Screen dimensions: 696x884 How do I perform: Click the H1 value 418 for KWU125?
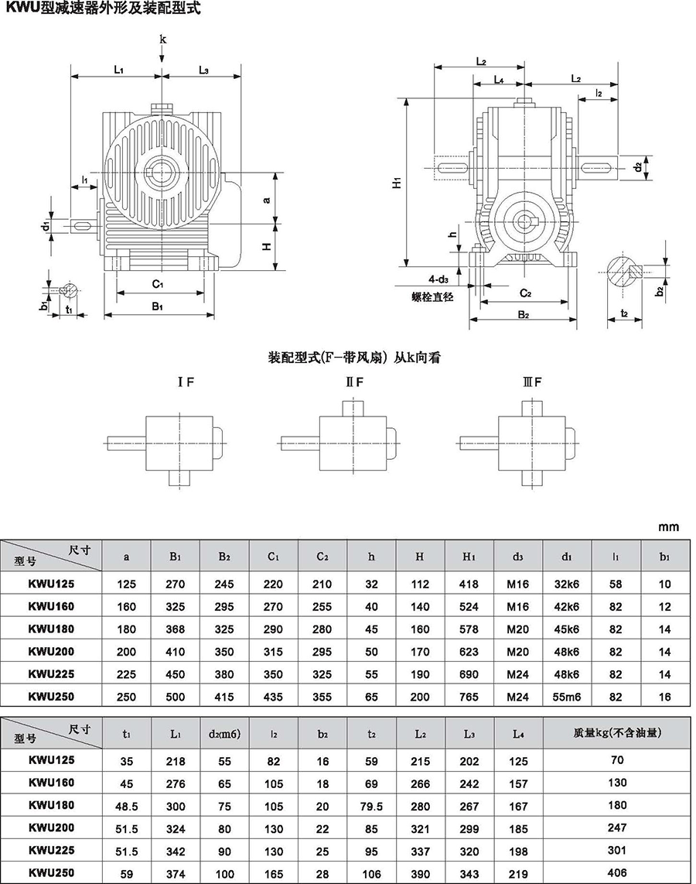coord(469,584)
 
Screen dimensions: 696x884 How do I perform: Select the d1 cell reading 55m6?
coord(567,697)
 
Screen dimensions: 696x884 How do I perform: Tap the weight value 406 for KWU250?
coord(617,872)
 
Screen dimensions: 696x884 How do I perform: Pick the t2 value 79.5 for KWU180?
coord(371,806)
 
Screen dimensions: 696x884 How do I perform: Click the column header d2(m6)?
coord(224,734)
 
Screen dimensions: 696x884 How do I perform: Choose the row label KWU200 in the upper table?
coord(51,651)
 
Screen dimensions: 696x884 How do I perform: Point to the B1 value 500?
coord(175,697)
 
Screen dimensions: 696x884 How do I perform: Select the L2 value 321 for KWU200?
coord(420,829)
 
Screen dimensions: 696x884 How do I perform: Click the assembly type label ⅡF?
coord(354,382)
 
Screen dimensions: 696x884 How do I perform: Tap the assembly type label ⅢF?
coord(532,382)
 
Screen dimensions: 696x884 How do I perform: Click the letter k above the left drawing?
coord(162,39)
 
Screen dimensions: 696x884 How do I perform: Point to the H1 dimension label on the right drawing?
coord(397,182)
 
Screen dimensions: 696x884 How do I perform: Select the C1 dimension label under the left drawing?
coord(158,283)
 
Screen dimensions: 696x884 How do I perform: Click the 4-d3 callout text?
coord(438,279)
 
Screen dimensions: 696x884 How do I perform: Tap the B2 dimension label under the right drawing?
coord(523,314)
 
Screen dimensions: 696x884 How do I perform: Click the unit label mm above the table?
coord(668,528)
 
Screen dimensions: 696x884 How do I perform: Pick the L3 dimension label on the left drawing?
coord(203,70)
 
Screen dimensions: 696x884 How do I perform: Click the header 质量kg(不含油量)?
coord(617,733)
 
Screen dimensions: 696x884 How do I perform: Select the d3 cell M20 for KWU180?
coord(517,629)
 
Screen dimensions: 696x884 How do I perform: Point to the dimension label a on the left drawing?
coord(267,199)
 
